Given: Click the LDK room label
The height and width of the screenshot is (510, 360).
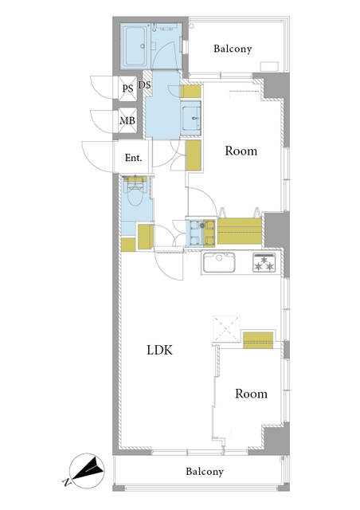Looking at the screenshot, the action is [159, 350].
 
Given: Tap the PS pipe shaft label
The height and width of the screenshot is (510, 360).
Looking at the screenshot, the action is [127, 88].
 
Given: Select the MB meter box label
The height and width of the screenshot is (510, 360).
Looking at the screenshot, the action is [127, 120].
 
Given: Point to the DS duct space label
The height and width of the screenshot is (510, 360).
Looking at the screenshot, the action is [145, 85].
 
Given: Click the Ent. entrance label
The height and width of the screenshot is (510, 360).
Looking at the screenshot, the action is [133, 158].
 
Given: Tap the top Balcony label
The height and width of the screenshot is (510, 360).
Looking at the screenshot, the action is [233, 49].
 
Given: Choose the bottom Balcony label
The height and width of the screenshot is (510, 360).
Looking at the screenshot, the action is [205, 471].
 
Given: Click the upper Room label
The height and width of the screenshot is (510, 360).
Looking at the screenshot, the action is [241, 151].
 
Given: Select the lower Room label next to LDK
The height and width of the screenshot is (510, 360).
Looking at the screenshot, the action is [251, 394].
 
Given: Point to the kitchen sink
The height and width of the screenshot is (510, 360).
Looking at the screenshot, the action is [219, 262].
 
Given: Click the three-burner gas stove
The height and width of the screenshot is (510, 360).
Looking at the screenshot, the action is [264, 262].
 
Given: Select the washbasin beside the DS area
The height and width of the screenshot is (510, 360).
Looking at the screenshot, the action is [191, 118].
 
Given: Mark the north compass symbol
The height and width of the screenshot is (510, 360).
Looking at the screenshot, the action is [87, 468].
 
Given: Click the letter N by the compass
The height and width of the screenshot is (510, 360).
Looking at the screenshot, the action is [66, 482].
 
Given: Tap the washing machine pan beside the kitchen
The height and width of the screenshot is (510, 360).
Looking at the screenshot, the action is [200, 233].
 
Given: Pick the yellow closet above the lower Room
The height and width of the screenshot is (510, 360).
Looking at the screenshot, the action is [258, 340].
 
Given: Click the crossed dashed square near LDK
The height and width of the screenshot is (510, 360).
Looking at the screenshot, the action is [226, 328].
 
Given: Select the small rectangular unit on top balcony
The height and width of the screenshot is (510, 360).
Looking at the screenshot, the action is [269, 66].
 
